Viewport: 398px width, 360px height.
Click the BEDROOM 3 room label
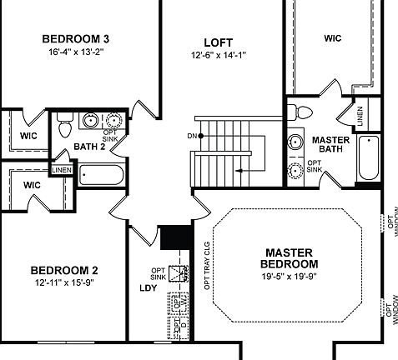coord(76,38)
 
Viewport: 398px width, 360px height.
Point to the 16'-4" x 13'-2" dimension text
coord(76,52)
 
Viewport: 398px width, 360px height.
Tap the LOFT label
coord(218,42)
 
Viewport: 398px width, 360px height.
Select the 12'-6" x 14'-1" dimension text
coord(218,55)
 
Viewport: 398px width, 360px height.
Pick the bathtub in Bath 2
coord(101,176)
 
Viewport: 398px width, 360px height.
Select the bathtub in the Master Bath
coord(368,157)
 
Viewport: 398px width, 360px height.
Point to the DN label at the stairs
coord(192,136)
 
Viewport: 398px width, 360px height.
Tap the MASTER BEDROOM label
coord(289,258)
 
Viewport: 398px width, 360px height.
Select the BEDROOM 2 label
coord(64,270)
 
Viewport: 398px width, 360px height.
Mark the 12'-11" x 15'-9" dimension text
coord(64,283)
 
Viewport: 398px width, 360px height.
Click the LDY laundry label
coord(148,289)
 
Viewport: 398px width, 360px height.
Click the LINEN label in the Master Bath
coord(360,117)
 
